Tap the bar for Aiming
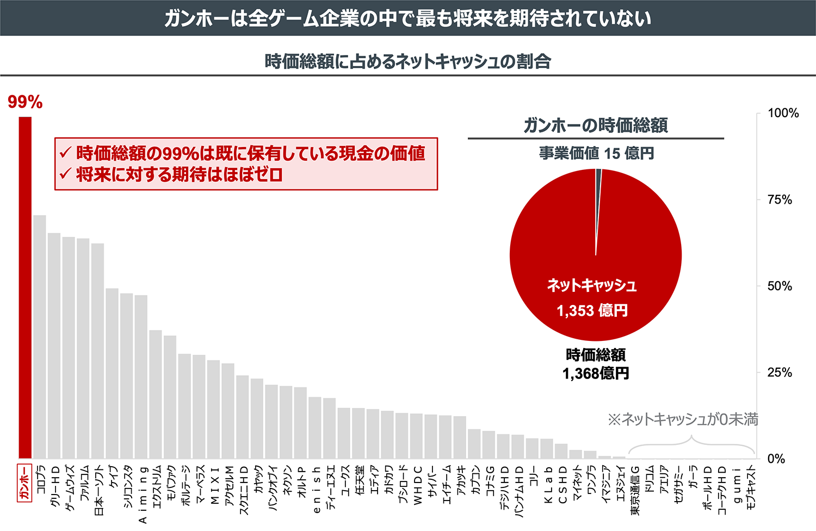[x=141, y=376]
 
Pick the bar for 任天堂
[x=358, y=433]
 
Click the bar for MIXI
[x=213, y=409]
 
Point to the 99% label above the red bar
[x=25, y=102]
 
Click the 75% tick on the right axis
[x=779, y=200]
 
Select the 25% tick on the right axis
[x=779, y=373]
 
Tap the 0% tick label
[x=776, y=459]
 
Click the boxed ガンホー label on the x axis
[x=24, y=483]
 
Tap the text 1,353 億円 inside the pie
[x=592, y=311]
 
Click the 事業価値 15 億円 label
[x=596, y=154]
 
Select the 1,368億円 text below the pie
[x=596, y=374]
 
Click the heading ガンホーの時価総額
[x=596, y=126]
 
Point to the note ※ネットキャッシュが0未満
[x=683, y=419]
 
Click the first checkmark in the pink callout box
[x=65, y=153]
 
